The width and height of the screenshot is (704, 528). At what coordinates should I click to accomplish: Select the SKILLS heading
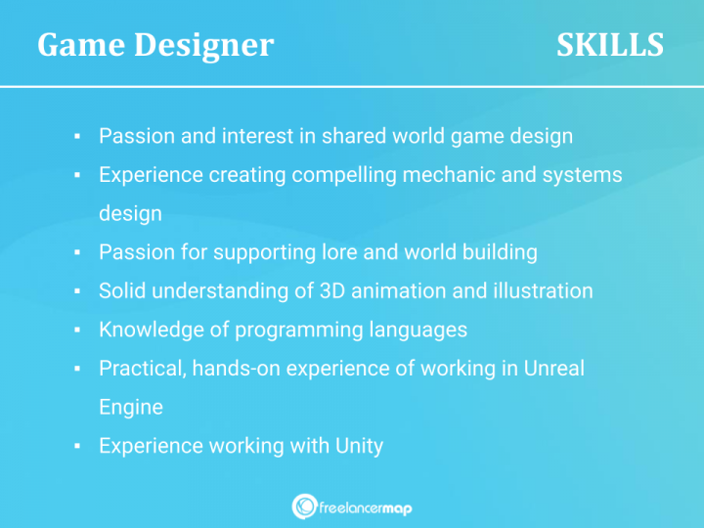pos(610,45)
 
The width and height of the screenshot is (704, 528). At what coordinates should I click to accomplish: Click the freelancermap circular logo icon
pos(304,506)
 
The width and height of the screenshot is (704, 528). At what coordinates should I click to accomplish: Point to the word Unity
pos(359,446)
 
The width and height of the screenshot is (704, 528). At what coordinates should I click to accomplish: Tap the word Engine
pos(130,407)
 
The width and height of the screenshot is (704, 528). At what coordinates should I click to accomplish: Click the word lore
pos(340,252)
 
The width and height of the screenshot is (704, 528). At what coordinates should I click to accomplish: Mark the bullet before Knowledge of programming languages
pos(77,330)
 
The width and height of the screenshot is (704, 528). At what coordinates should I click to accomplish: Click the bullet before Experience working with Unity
pos(77,447)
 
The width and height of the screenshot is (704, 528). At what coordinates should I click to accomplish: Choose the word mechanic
pos(448,175)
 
